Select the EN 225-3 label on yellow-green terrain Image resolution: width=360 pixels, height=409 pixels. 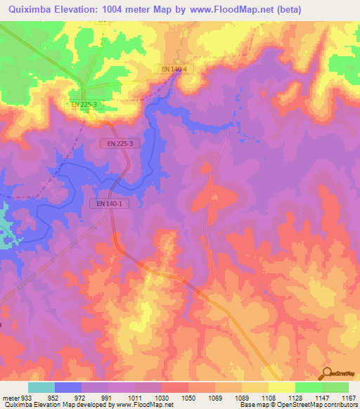coord(82,104)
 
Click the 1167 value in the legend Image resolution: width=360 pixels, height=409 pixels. coord(349,397)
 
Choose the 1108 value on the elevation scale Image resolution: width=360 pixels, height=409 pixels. coord(269,397)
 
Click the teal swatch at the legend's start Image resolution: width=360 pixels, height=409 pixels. coord(41,387)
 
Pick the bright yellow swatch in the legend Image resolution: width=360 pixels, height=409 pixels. coord(282,387)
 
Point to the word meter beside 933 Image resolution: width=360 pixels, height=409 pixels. coord(11,397)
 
